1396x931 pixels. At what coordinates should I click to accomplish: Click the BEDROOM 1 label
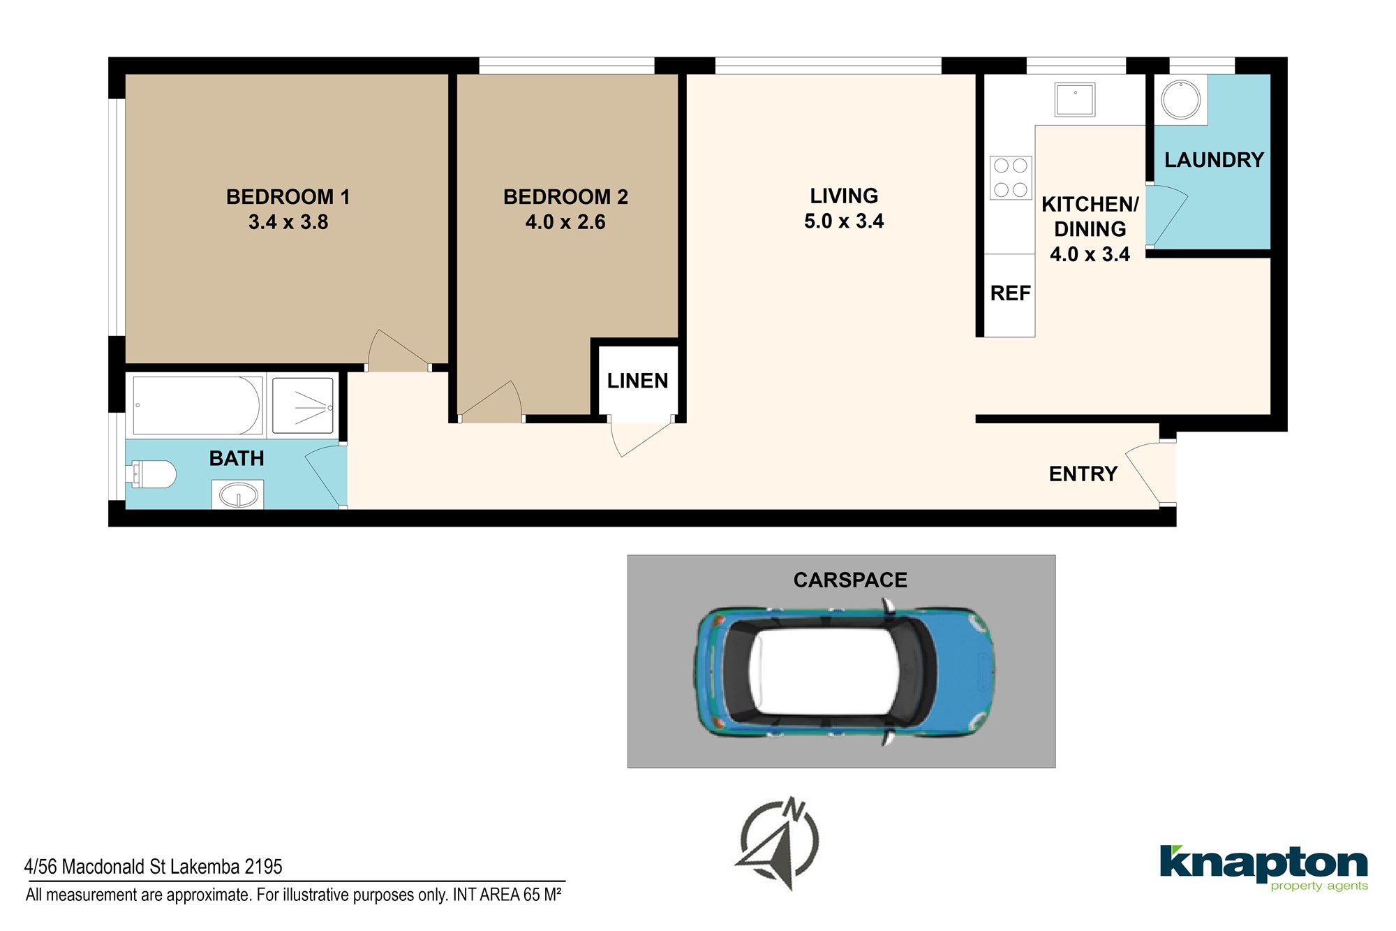click(x=288, y=197)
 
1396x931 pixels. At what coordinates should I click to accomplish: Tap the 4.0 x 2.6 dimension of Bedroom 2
click(x=565, y=222)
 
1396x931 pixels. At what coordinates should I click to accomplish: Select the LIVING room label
click(x=844, y=196)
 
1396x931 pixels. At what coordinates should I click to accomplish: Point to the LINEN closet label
click(x=637, y=381)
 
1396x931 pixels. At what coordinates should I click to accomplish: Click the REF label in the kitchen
click(x=1010, y=293)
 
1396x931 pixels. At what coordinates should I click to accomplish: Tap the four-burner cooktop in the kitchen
click(x=1011, y=177)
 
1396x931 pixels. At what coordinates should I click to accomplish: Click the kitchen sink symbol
click(x=1075, y=99)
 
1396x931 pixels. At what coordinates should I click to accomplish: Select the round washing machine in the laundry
click(x=1180, y=100)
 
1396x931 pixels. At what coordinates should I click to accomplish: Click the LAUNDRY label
click(x=1214, y=160)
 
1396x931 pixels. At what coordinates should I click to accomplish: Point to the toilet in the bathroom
click(x=152, y=474)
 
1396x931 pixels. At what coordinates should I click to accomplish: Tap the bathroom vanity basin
click(x=238, y=494)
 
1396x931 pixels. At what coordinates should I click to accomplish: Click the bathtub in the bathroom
click(x=197, y=406)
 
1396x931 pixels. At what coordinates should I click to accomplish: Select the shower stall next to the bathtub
click(x=302, y=406)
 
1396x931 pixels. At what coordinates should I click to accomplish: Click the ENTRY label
click(x=1083, y=474)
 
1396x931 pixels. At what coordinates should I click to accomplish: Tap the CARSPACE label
click(x=850, y=580)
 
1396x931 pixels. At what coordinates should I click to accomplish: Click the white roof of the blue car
click(x=824, y=671)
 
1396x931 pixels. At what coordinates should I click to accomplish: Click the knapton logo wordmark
click(x=1263, y=864)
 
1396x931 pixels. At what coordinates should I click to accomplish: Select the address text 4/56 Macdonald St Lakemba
click(x=133, y=867)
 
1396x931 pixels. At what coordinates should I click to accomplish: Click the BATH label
click(x=237, y=458)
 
